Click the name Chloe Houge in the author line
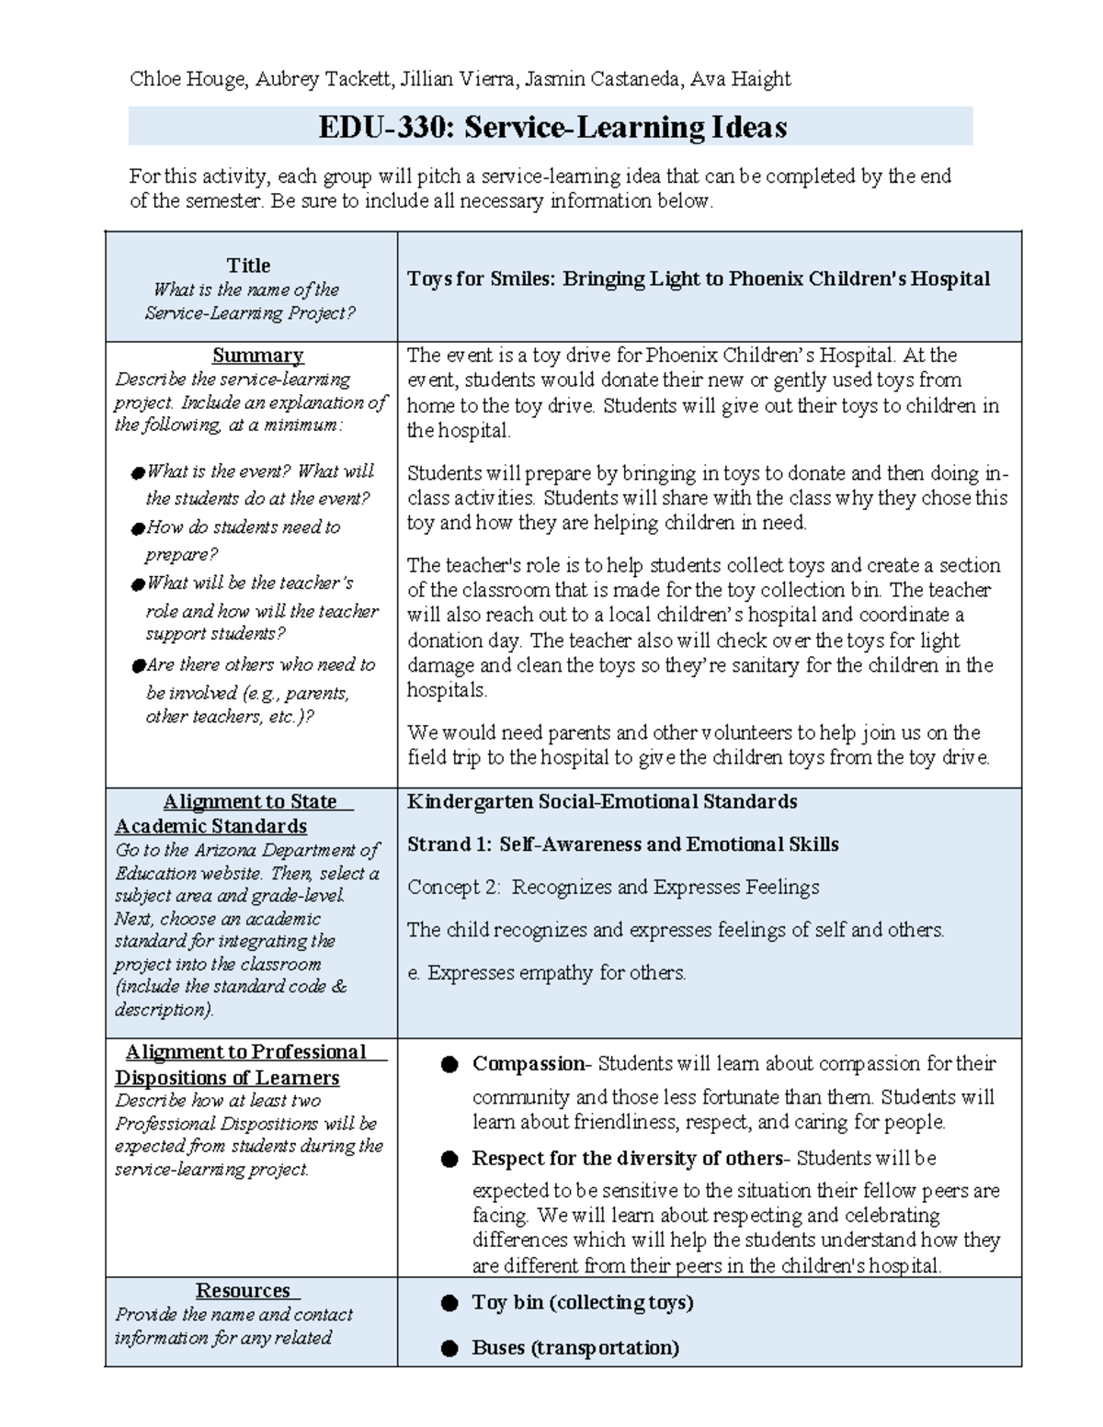(188, 79)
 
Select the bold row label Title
(248, 266)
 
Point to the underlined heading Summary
(257, 356)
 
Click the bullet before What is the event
(138, 472)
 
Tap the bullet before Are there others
(138, 665)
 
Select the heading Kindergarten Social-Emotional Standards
(601, 801)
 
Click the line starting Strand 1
(622, 844)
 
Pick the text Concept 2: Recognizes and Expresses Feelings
(613, 887)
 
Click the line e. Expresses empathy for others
(546, 972)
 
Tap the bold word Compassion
(529, 1064)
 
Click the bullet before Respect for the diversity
(449, 1160)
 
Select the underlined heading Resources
(243, 1291)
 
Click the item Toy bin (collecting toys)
(582, 1302)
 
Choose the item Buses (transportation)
(574, 1348)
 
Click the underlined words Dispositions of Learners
(226, 1077)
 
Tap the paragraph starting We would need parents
(698, 745)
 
